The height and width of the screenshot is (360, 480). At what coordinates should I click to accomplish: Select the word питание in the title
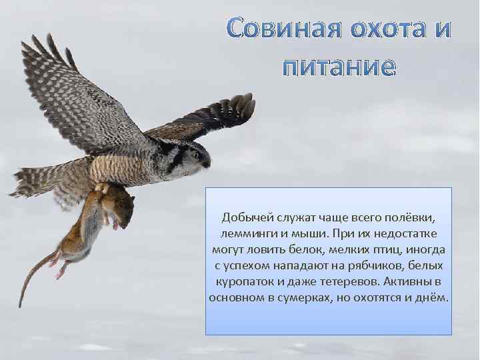(339, 68)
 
